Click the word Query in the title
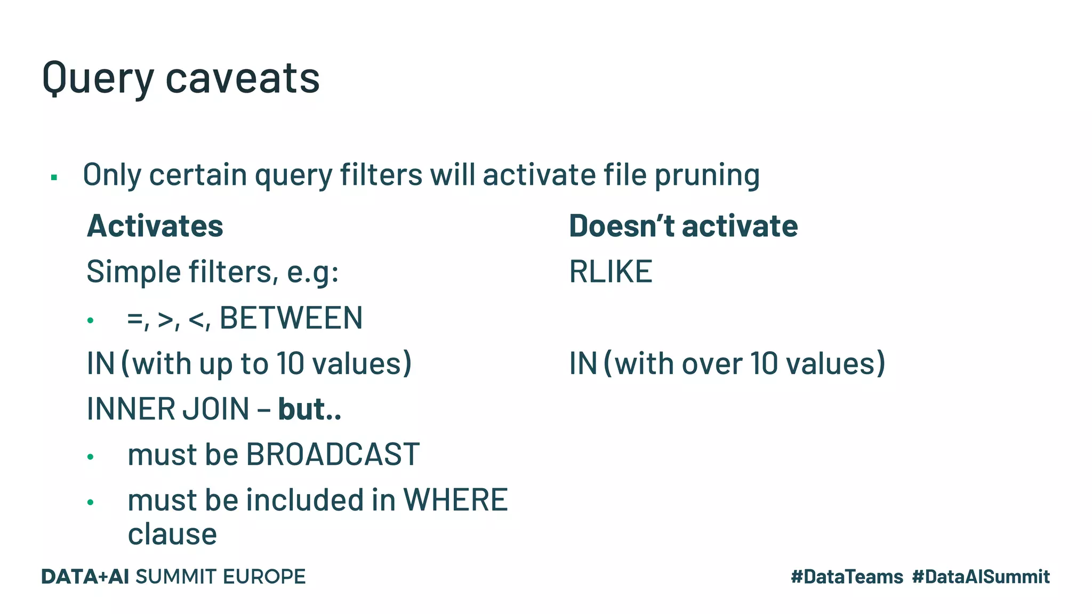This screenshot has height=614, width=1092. pos(98,79)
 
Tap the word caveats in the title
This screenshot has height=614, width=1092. pos(243,79)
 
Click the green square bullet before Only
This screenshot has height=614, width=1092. pos(54,177)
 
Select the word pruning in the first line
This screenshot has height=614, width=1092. pos(706,176)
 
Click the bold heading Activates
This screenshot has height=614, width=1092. pos(155,226)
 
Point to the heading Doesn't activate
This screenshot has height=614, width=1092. pos(683,226)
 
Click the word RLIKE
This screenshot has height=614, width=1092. pos(611,272)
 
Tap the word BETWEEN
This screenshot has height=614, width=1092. pos(291,318)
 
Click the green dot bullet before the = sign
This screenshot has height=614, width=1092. pos(91,320)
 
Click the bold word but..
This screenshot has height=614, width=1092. pos(302,409)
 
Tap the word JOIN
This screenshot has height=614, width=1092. pos(216,409)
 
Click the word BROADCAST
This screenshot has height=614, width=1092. pos(332,455)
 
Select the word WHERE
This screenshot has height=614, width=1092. pos(455,500)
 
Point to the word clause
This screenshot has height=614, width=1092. pos(172,535)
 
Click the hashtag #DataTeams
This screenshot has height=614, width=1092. pos(847,577)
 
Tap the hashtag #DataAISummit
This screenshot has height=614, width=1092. pos(981,577)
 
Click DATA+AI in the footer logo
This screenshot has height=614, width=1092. pos(85,577)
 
